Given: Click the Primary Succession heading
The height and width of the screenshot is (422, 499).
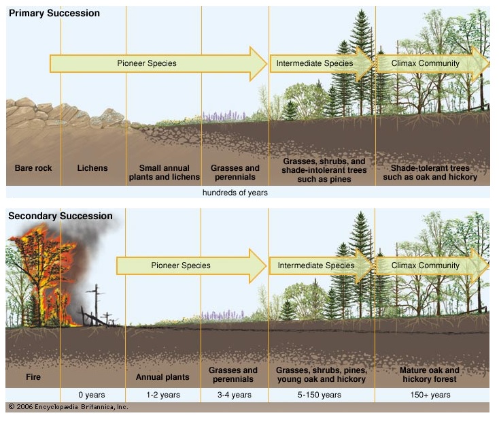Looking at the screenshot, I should [54, 13].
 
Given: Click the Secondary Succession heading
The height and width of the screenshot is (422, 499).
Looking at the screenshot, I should [60, 216].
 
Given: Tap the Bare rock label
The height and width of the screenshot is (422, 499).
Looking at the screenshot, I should [33, 168].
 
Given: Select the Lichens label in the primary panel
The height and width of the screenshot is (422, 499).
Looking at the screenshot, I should [92, 168].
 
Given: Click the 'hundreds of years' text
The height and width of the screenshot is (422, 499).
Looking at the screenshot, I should [235, 193].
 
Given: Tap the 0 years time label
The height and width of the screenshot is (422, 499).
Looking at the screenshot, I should [92, 395].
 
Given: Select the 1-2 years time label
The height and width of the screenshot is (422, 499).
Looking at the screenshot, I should [163, 395].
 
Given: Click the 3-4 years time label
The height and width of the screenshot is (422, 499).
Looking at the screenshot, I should [235, 395].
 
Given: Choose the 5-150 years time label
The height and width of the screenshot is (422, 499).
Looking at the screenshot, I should [322, 395].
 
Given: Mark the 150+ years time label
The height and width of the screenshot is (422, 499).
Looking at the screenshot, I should [430, 395].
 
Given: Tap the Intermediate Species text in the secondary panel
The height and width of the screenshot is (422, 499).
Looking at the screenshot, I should [315, 265].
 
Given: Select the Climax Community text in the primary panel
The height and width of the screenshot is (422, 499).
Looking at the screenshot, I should [426, 63].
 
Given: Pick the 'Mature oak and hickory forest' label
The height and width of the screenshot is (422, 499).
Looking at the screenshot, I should [430, 374].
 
